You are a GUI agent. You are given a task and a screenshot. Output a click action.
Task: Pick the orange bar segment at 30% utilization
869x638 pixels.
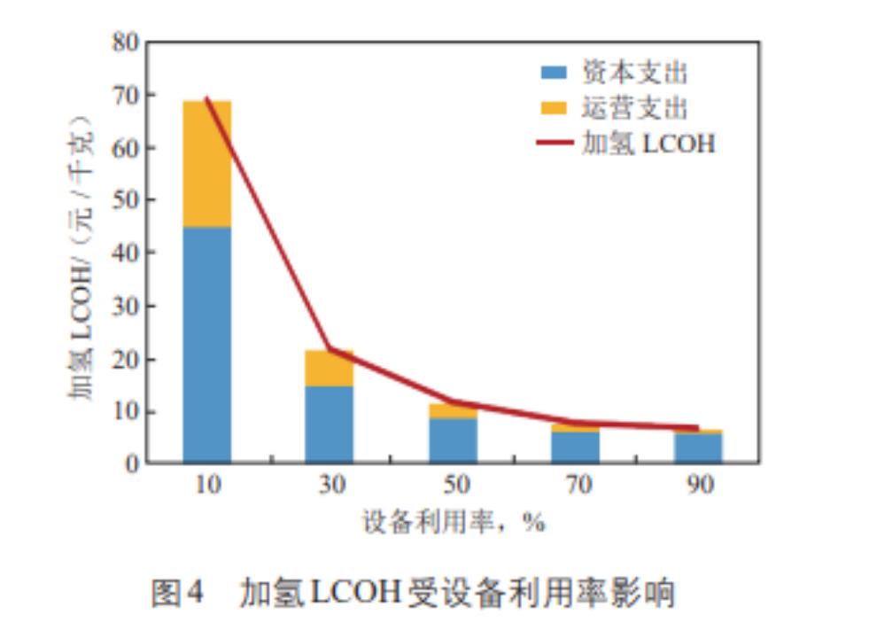(x=329, y=369)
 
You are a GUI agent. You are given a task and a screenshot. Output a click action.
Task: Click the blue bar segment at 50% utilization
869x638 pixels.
(x=453, y=440)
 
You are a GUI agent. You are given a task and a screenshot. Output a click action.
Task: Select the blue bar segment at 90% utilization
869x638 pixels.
(x=698, y=448)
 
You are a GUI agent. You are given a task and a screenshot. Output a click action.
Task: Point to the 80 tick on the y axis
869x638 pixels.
(x=125, y=42)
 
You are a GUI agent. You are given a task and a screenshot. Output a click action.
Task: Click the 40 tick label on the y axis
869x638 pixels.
(x=125, y=253)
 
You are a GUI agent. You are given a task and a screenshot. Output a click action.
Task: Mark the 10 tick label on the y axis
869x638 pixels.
(x=125, y=412)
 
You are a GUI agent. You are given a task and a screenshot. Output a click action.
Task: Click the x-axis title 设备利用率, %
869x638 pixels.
(x=452, y=522)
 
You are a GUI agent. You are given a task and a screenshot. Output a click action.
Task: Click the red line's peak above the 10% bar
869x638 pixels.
(x=206, y=98)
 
